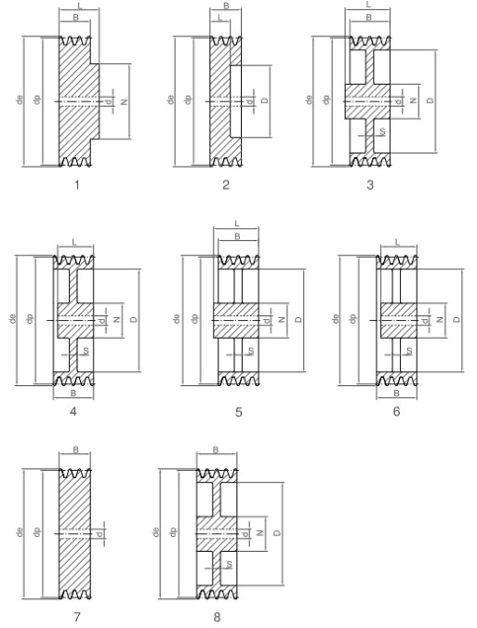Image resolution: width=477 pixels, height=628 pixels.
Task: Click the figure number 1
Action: (77, 184)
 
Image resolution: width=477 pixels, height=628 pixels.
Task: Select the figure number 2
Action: (226, 184)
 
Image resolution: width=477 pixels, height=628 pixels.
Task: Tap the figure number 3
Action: (370, 184)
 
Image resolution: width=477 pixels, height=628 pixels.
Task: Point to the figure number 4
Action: (73, 411)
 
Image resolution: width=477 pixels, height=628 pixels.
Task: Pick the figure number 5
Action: (238, 412)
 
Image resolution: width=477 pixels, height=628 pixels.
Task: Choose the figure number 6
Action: (396, 411)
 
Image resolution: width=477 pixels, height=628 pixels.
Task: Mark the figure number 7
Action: (77, 617)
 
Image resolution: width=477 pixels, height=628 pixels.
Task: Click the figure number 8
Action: (217, 617)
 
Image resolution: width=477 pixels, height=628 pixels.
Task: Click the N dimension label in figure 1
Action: (125, 102)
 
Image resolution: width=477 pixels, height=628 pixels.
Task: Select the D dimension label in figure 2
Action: (264, 100)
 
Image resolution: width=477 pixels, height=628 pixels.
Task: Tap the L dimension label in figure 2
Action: (219, 18)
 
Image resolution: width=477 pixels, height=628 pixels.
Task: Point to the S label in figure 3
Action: (382, 131)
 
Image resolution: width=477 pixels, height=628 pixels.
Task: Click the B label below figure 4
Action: (73, 394)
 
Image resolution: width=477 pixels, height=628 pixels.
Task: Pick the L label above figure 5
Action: (237, 223)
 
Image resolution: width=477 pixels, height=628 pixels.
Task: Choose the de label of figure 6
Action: (336, 318)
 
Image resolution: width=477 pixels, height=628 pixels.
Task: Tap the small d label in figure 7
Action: (99, 533)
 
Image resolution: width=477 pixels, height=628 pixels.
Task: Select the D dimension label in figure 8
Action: (277, 533)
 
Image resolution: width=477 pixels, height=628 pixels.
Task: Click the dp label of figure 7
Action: (37, 532)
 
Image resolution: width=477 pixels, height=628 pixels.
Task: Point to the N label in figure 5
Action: (282, 319)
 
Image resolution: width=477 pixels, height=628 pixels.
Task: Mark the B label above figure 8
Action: (216, 449)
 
